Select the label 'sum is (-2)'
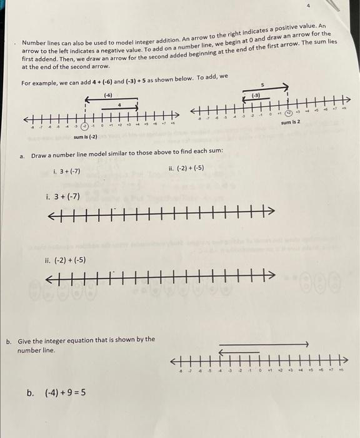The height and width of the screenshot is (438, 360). click(85, 136)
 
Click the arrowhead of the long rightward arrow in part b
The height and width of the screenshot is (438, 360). click(306, 344)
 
